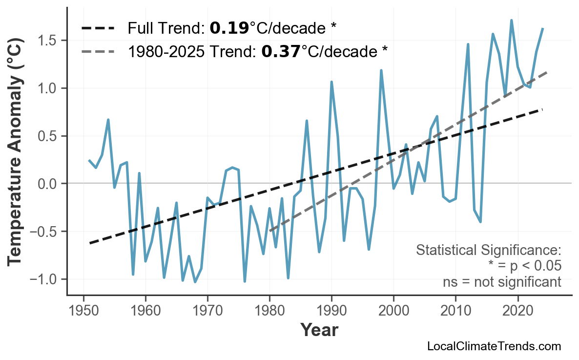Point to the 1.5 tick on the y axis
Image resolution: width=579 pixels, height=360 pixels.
pyautogui.click(x=50, y=41)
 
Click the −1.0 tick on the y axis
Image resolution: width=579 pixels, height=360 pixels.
pyautogui.click(x=47, y=279)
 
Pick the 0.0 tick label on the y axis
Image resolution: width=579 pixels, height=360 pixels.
pyautogui.click(x=50, y=184)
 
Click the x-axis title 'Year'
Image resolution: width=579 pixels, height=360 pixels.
pyautogui.click(x=319, y=330)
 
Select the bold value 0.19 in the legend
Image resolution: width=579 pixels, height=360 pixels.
pyautogui.click(x=228, y=29)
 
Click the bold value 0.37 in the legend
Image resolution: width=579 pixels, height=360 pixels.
pyautogui.click(x=280, y=51)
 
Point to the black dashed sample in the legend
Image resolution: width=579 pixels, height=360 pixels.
pyautogui.click(x=98, y=29)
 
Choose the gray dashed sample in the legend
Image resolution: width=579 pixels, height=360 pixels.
pyautogui.click(x=98, y=51)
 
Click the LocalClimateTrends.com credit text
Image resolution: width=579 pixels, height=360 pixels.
pyautogui.click(x=494, y=346)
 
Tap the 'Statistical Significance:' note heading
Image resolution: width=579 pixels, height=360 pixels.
pyautogui.click(x=488, y=251)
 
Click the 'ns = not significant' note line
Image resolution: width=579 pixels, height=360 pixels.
pyautogui.click(x=502, y=282)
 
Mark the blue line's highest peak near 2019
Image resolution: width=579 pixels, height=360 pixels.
pyautogui.click(x=511, y=21)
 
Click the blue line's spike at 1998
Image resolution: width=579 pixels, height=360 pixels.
pyautogui.click(x=381, y=71)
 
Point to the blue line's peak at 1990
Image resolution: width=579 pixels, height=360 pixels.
pyautogui.click(x=331, y=82)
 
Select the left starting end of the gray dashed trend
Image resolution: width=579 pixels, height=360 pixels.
pyautogui.click(x=270, y=231)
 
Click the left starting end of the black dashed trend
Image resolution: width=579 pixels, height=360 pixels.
pyautogui.click(x=90, y=243)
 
